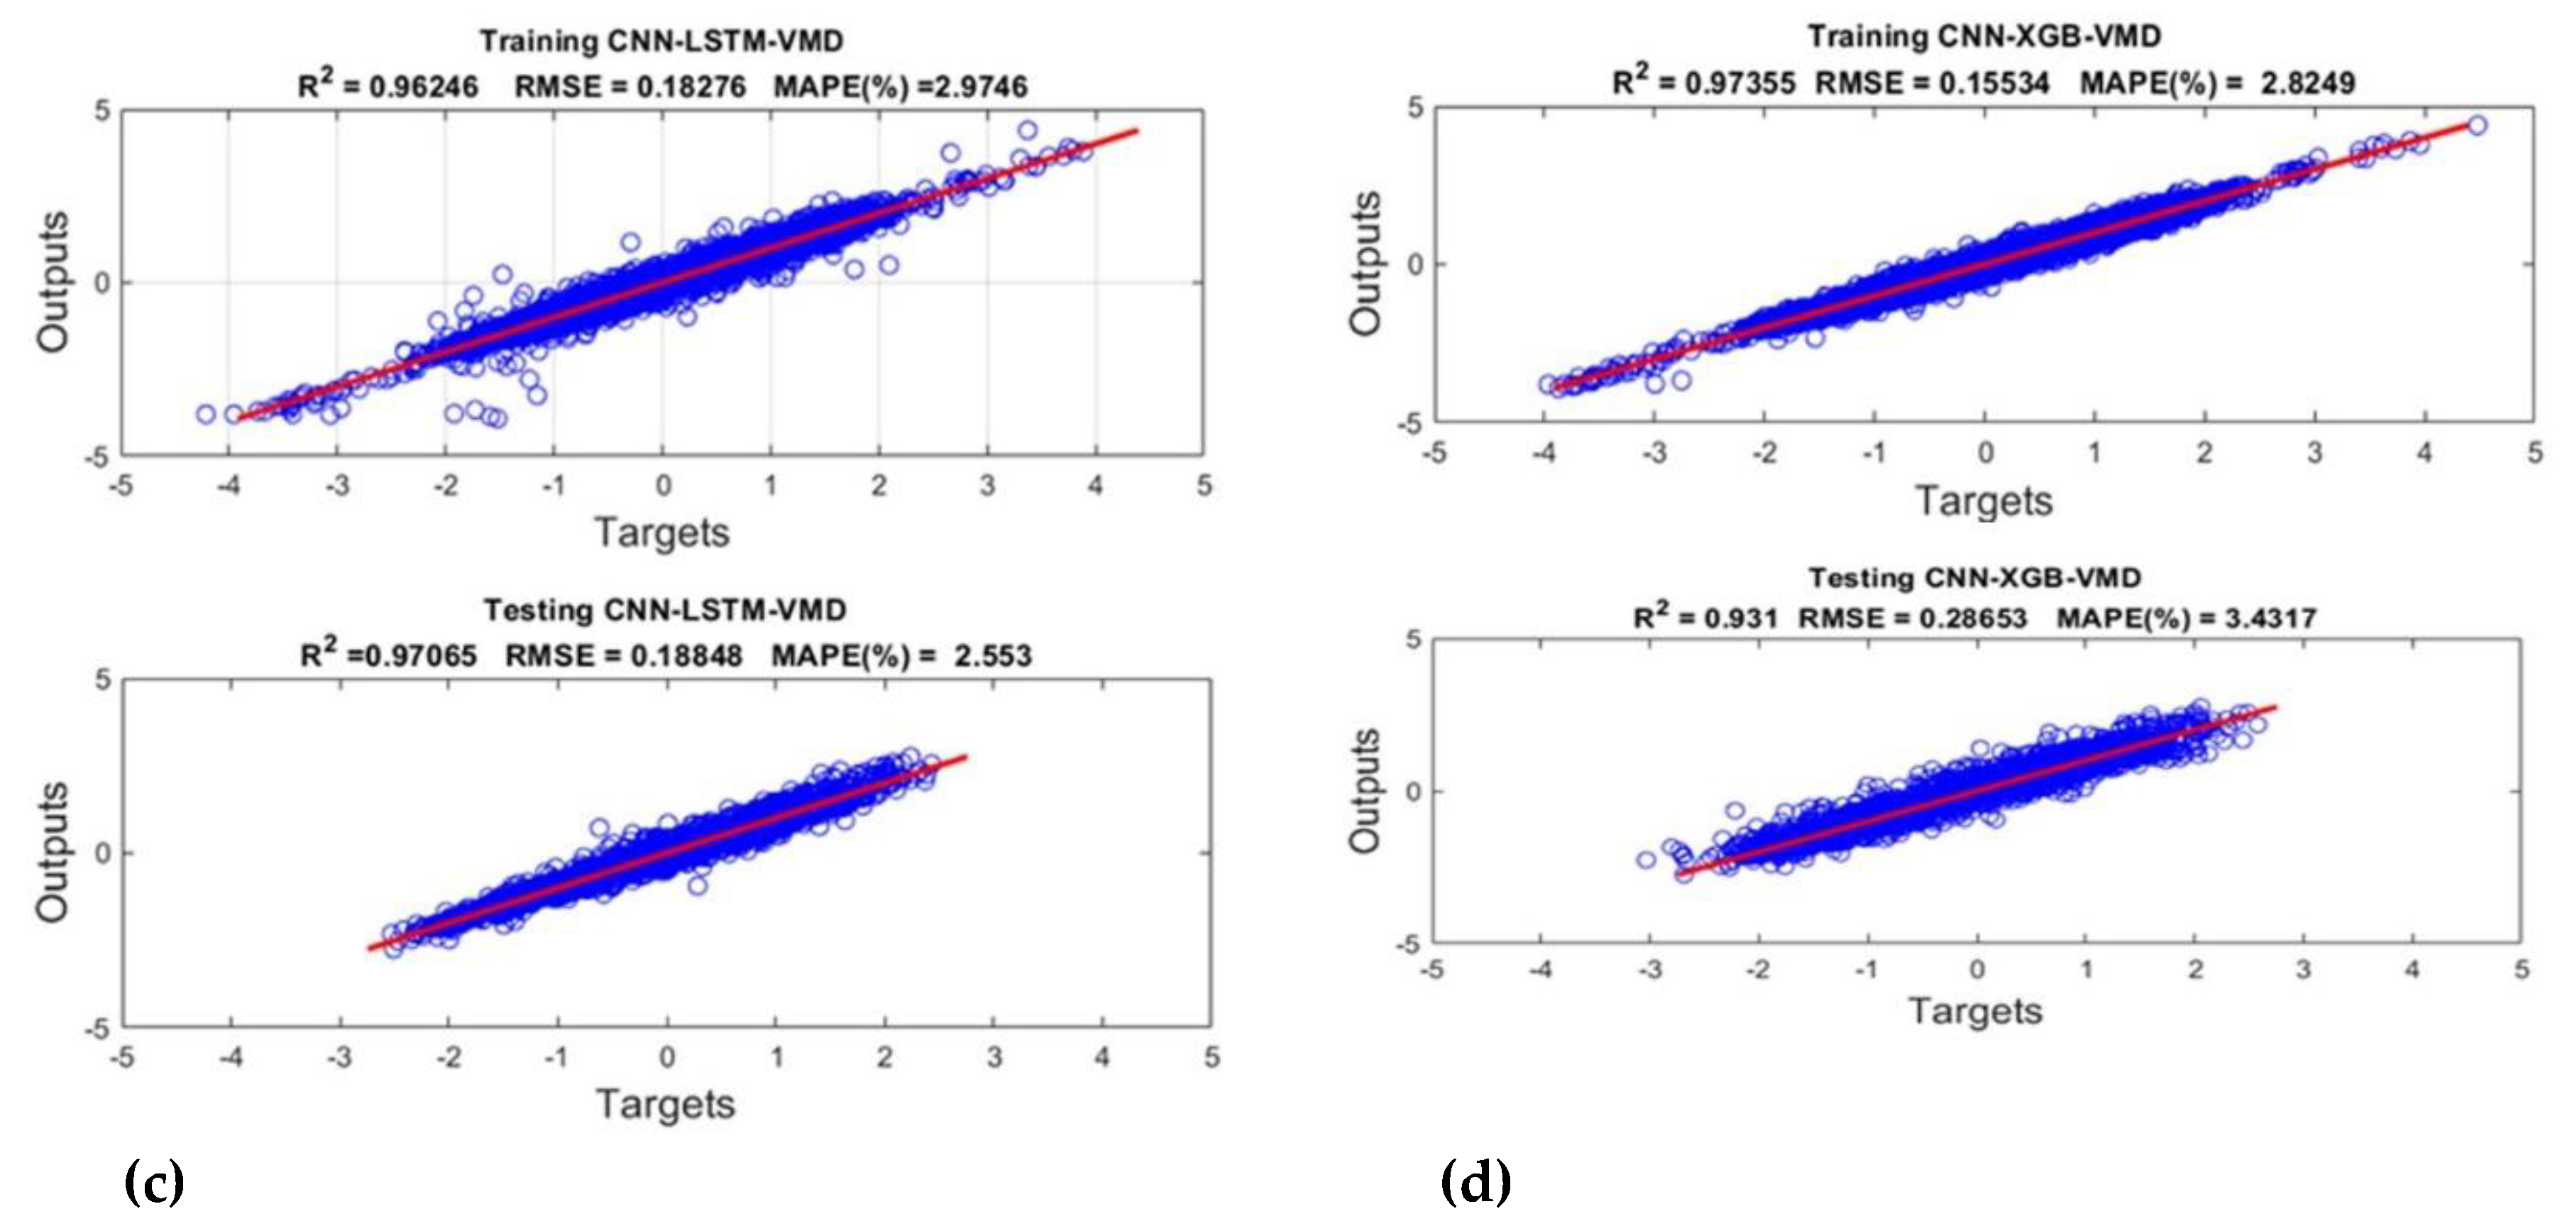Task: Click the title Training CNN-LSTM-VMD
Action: click(661, 42)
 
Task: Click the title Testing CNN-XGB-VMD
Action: click(1974, 578)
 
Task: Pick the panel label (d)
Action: click(1475, 1182)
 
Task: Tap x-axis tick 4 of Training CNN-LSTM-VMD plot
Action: click(1095, 486)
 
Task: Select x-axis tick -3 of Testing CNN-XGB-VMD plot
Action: click(1650, 970)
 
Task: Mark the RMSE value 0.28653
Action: click(1961, 619)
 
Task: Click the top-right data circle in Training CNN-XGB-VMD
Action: click(2478, 125)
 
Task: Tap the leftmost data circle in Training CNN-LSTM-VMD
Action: click(205, 414)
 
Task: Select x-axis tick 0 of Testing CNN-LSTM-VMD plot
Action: click(666, 1058)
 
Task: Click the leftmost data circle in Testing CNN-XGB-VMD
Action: click(1647, 859)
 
